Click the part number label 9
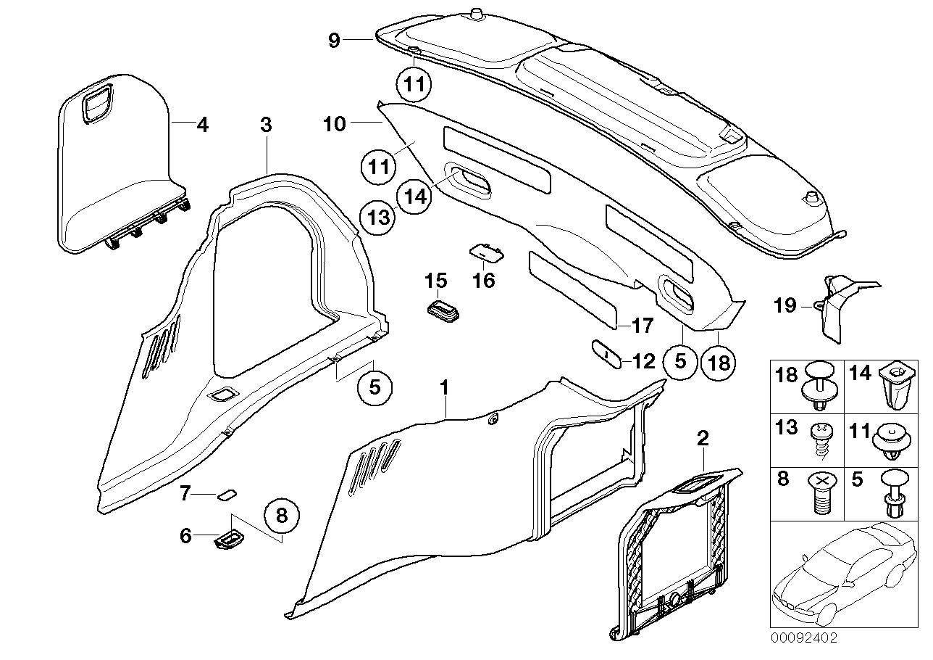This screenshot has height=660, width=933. tap(333, 41)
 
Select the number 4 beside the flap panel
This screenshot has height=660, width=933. tap(202, 125)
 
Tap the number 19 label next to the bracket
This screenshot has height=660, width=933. tap(785, 305)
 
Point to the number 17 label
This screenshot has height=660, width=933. tap(642, 326)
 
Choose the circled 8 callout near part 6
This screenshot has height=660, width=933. tap(282, 516)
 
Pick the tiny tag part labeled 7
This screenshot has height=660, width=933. tap(227, 494)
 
